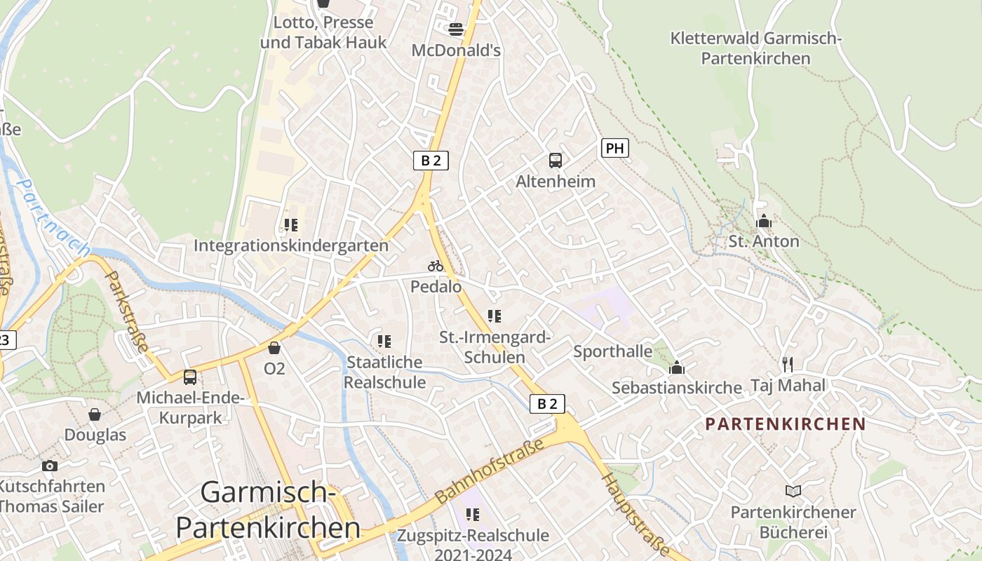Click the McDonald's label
[x=456, y=50]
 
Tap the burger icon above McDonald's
[x=456, y=29]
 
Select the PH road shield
[x=614, y=148]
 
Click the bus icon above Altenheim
[x=556, y=161]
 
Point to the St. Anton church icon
[x=764, y=222]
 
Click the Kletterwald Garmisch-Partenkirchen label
[x=755, y=48]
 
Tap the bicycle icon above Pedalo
[x=436, y=266]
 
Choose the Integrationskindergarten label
[x=290, y=245]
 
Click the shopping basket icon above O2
[x=274, y=348]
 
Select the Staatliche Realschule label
[x=384, y=372]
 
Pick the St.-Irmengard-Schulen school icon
[x=495, y=316]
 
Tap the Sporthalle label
[x=612, y=351]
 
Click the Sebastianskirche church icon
[x=677, y=367]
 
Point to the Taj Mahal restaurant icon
[x=788, y=364]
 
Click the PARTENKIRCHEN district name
[x=786, y=424]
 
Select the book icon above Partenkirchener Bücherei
[x=793, y=492]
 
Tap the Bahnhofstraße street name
[x=490, y=471]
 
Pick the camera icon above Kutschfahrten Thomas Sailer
[x=49, y=466]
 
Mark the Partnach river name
[x=53, y=218]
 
